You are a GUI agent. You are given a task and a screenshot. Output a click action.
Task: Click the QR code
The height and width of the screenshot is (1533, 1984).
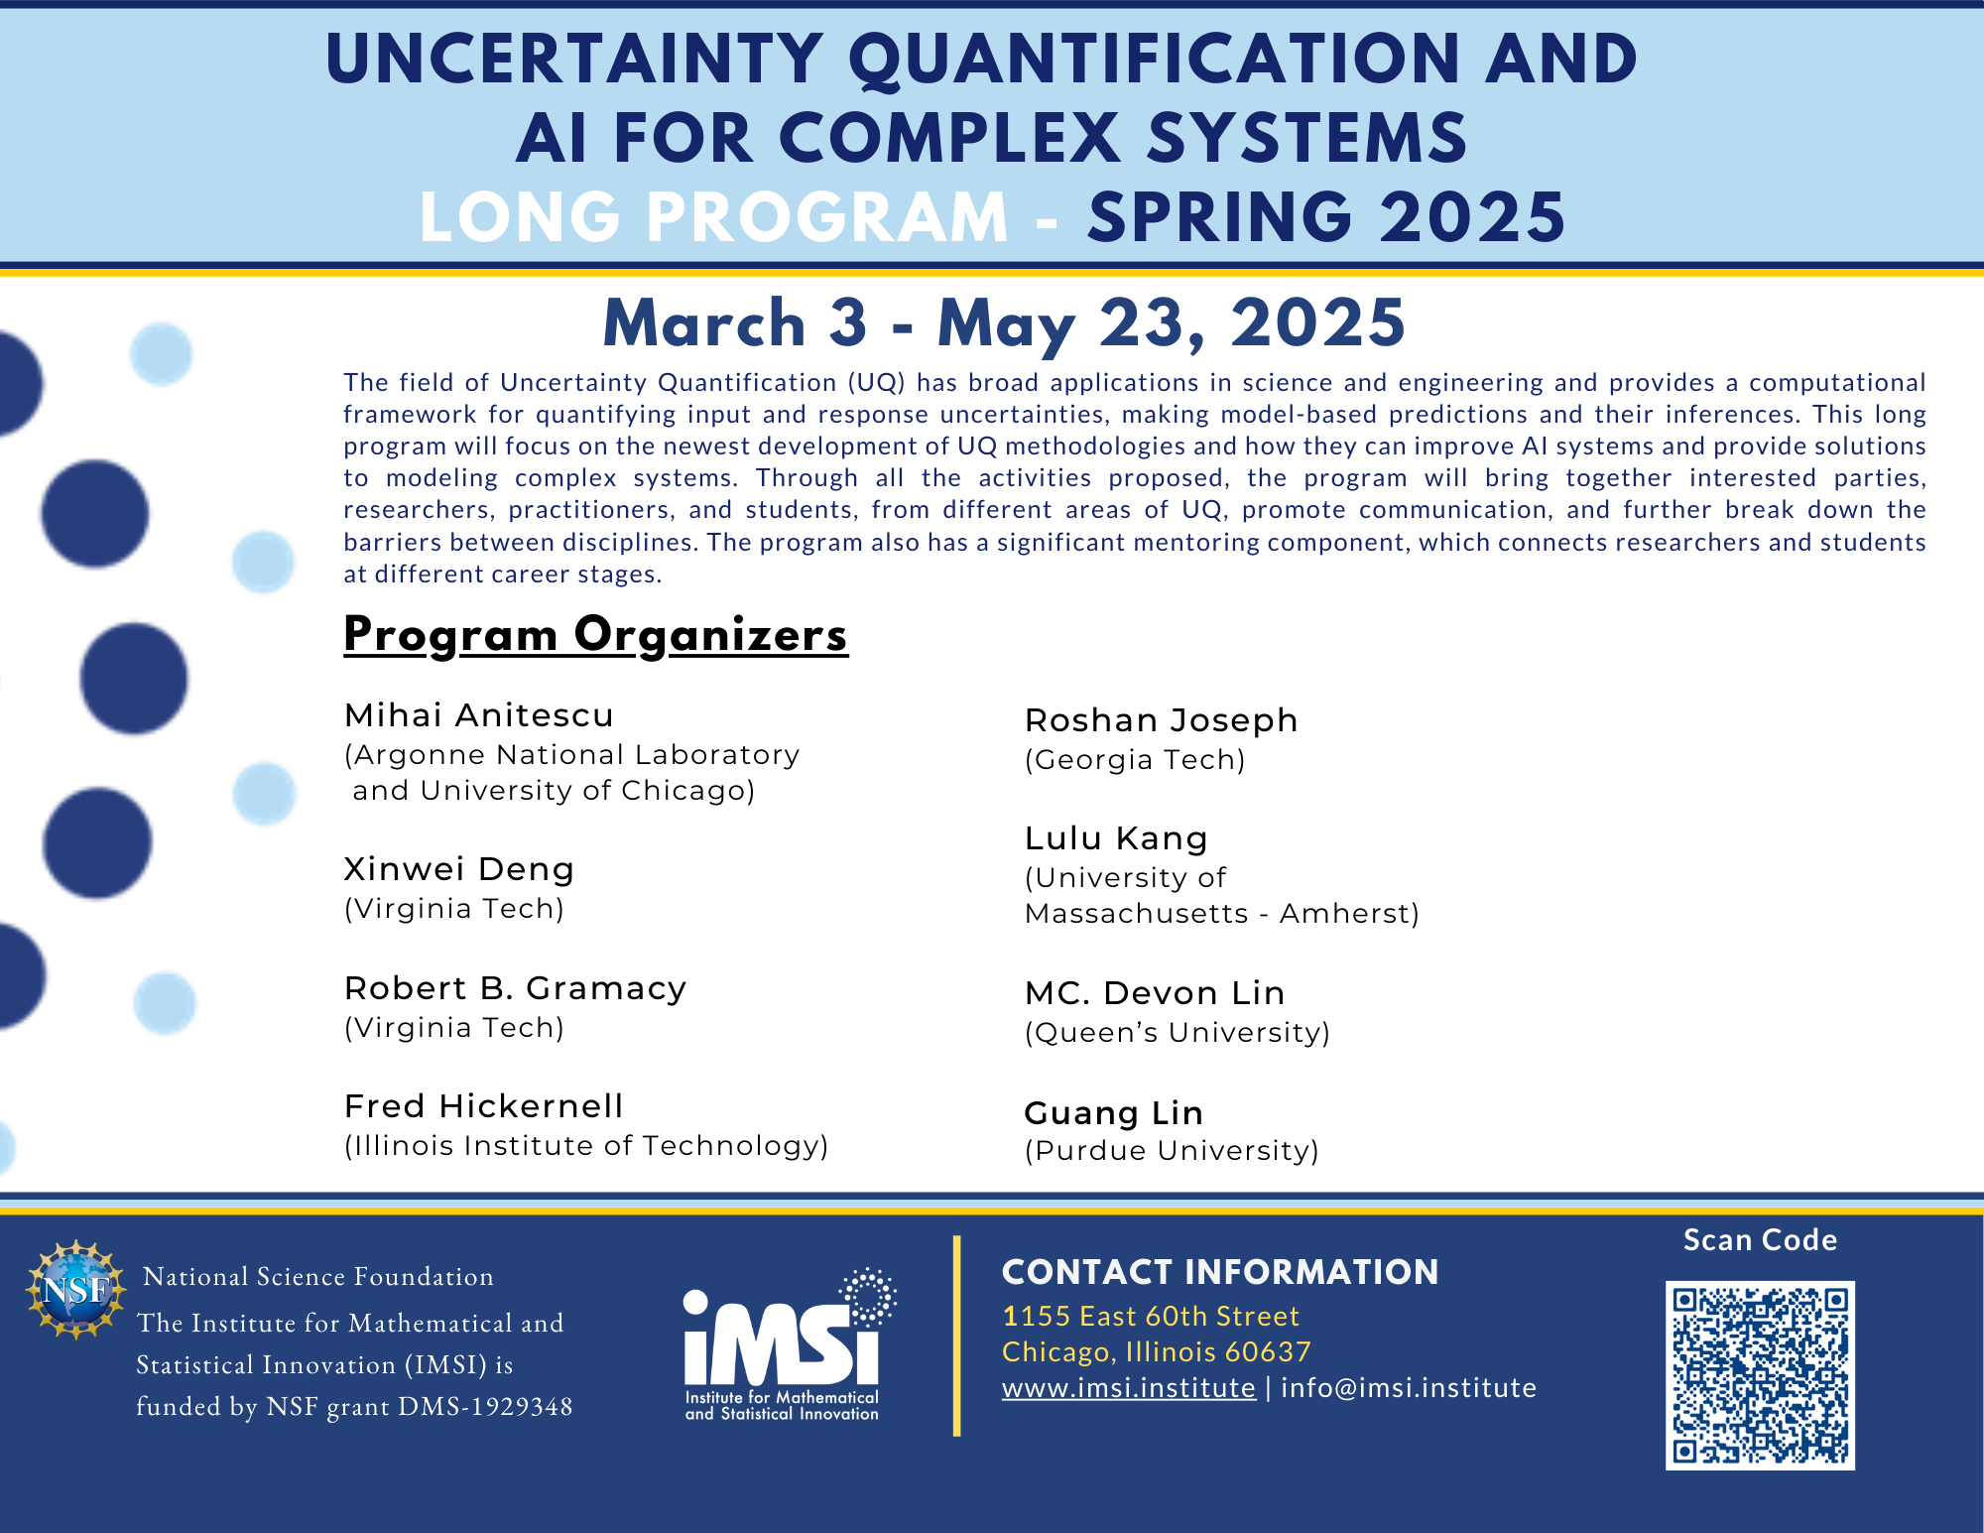(1760, 1375)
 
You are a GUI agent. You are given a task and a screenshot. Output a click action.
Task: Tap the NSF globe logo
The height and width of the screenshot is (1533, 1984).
(75, 1289)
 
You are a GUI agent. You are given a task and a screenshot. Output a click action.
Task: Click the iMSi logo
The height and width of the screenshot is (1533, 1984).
(790, 1344)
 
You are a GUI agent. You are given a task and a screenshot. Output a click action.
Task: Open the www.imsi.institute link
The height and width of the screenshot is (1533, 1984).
(1128, 1387)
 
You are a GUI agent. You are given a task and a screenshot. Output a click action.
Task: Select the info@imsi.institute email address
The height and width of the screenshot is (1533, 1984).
(1409, 1387)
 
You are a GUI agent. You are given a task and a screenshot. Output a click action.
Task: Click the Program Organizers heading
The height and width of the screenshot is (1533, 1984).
(595, 635)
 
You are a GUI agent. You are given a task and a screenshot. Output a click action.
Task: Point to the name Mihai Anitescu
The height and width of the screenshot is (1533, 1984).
(479, 714)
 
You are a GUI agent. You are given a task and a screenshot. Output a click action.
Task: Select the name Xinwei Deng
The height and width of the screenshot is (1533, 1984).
(459, 869)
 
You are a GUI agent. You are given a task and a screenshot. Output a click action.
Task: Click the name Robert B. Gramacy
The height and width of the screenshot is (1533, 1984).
(516, 988)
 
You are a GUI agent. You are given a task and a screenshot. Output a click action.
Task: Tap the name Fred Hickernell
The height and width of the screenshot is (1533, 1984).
(484, 1105)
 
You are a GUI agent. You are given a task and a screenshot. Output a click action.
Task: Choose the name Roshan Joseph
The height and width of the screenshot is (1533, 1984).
(1161, 720)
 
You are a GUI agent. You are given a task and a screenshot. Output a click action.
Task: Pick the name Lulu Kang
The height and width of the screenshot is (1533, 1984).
(1116, 839)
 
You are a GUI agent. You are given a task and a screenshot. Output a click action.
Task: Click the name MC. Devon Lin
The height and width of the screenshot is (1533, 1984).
(1155, 993)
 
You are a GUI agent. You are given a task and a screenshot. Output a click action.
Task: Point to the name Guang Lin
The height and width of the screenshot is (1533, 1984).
(1113, 1113)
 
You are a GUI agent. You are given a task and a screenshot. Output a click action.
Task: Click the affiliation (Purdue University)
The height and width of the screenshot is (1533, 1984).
(1172, 1151)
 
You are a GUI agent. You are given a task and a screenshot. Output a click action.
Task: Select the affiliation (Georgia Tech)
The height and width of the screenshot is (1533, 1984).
(1135, 760)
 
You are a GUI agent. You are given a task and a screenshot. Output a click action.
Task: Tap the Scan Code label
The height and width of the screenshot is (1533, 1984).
(1761, 1240)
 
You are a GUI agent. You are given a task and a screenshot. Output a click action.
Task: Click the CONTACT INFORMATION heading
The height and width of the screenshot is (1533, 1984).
(1220, 1272)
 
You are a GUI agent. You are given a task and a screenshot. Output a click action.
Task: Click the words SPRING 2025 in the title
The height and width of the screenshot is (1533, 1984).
(1326, 217)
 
